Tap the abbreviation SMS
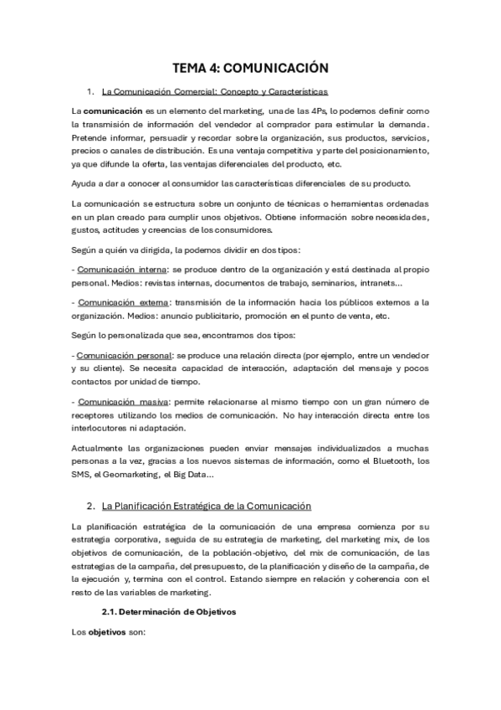click(82, 474)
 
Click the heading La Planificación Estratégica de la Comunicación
click(206, 506)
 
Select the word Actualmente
click(104, 447)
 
